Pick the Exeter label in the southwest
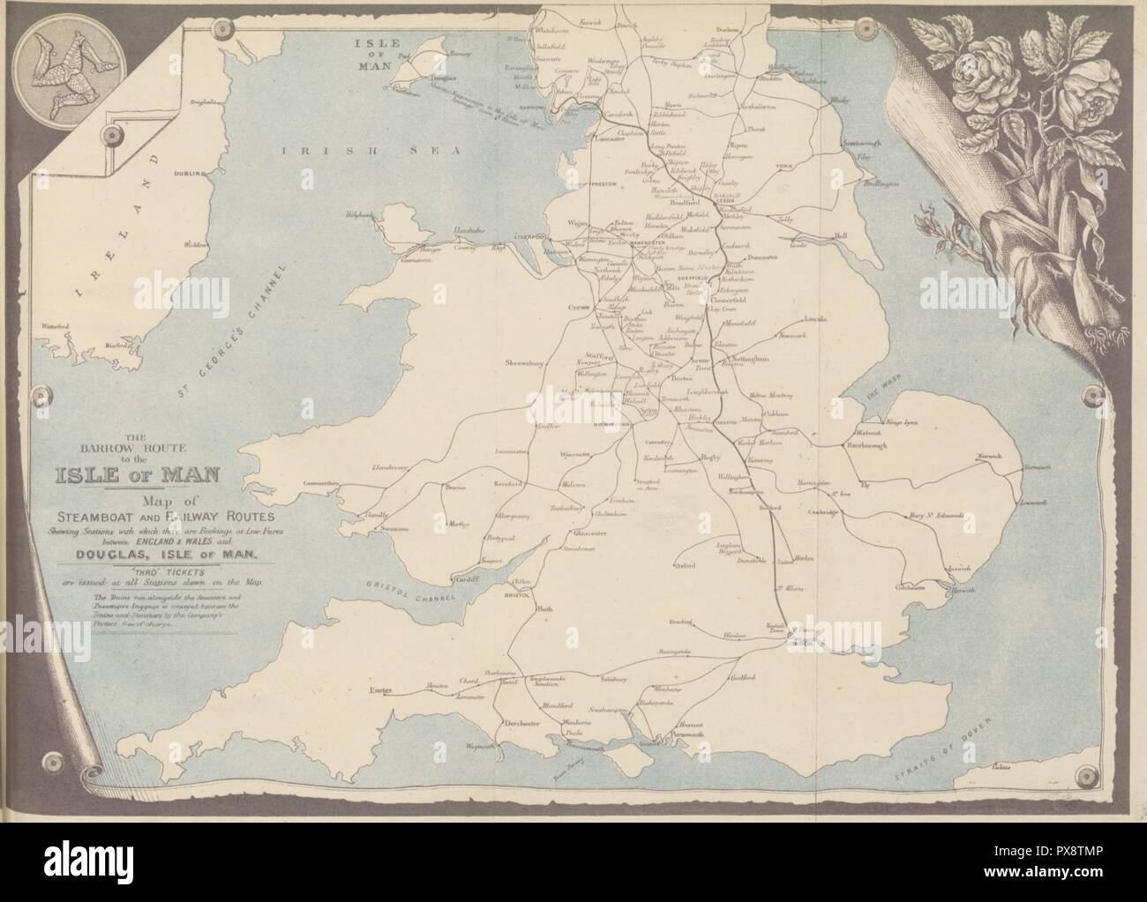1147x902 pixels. coord(382,689)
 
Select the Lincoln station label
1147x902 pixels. coord(816,319)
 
